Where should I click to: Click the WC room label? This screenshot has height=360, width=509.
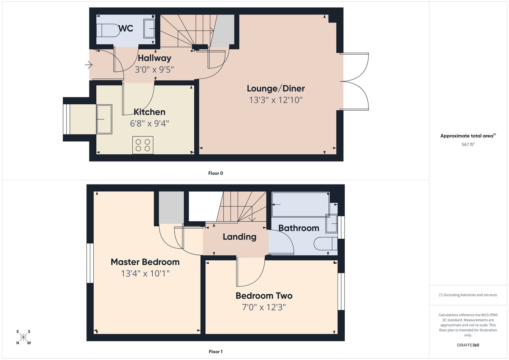tap(126, 28)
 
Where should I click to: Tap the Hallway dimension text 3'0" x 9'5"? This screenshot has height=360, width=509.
tap(154, 69)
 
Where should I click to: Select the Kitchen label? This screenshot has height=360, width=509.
tap(149, 112)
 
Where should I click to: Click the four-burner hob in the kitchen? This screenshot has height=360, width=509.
tap(143, 145)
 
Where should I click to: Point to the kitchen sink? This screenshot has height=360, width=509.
tap(104, 119)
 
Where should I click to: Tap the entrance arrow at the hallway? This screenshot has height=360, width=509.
tap(88, 65)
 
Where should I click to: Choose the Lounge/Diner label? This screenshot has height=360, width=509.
tap(276, 89)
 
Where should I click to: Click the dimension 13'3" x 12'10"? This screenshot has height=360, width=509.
tap(276, 100)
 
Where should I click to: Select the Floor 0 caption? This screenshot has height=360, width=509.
tap(216, 173)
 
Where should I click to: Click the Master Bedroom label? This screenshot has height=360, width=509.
tap(145, 262)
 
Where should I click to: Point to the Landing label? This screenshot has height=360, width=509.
tap(239, 237)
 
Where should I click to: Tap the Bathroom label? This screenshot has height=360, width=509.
tap(299, 228)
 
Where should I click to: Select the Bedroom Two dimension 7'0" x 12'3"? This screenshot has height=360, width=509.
tap(264, 307)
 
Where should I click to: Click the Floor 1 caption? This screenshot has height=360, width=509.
tap(216, 352)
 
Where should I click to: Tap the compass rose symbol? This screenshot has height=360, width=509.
tap(24, 337)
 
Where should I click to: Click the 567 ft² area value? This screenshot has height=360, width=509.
tap(468, 145)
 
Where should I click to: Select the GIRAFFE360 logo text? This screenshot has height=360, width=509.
tap(468, 345)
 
